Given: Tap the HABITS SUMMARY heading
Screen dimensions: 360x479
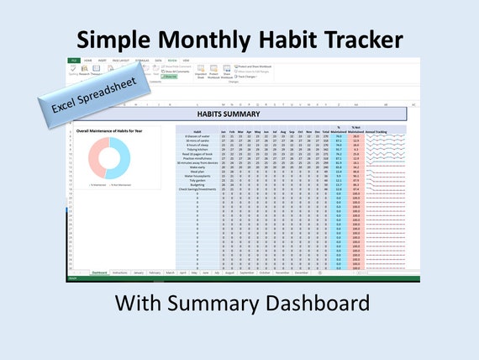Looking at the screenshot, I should click(228, 114).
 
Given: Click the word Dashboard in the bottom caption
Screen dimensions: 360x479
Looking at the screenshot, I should click(323, 300).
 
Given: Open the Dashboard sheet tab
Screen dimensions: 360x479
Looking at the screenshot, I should click(99, 273).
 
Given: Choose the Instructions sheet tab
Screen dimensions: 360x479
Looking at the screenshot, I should click(120, 273).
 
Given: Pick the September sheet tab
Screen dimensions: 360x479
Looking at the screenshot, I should click(247, 273).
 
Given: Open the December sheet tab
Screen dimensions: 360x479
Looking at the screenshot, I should click(301, 273).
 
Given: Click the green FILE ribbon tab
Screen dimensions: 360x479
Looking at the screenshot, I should click(74, 61).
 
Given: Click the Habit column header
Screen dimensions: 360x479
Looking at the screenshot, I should click(195, 132).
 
